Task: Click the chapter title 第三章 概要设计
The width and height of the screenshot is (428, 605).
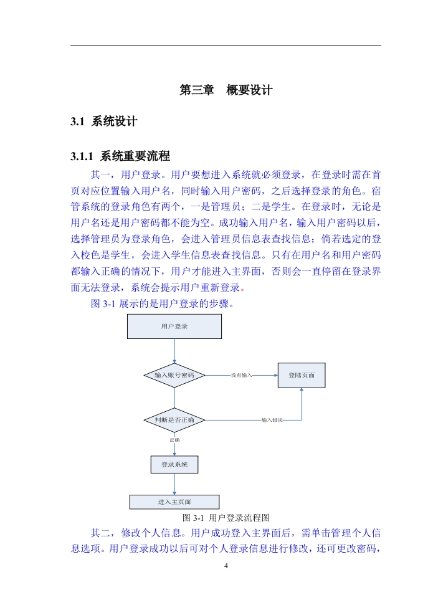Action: pos(226,90)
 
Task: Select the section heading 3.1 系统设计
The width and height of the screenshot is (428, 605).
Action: pos(104,121)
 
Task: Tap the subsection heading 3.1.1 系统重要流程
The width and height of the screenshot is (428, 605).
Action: pos(120,156)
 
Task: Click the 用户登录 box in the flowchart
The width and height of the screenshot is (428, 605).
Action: pos(174,326)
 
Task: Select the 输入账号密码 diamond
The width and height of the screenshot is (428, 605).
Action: pos(174,375)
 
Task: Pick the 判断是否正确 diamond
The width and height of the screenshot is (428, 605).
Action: pos(174,420)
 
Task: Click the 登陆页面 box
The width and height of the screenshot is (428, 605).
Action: pos(302,375)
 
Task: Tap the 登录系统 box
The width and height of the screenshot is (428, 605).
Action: pos(174,465)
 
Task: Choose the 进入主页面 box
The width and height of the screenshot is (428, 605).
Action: pos(174,502)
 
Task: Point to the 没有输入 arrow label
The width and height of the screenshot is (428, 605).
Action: pos(241,375)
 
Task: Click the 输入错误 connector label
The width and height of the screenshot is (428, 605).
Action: pos(272,420)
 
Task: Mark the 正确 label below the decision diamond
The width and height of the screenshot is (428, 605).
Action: pos(174,440)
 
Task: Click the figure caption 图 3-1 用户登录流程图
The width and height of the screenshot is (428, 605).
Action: pos(226,518)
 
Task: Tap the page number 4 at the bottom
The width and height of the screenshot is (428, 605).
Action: pos(226,566)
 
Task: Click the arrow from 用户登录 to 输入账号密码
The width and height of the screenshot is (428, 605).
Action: pos(174,351)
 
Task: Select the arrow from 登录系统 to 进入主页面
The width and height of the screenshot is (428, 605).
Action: pos(174,484)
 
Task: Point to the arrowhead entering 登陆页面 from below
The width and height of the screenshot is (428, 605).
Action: pos(302,389)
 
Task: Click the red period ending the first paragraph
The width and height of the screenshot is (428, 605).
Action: pos(243,289)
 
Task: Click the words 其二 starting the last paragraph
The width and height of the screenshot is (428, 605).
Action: pos(100,533)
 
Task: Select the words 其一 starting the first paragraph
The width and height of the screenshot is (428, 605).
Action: pos(100,175)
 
